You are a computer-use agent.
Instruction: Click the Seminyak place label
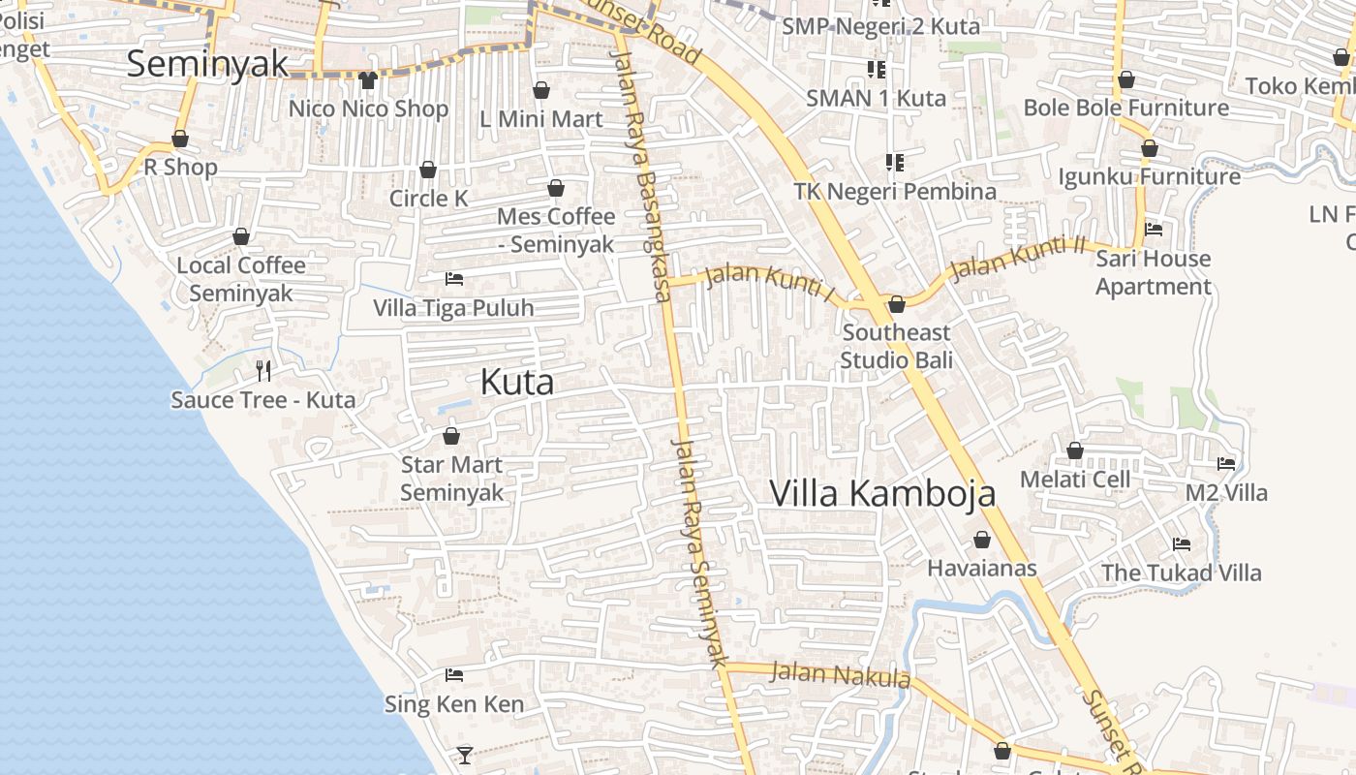coord(207,64)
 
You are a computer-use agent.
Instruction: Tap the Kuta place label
coord(517,383)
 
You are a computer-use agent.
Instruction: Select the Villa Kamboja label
coord(882,493)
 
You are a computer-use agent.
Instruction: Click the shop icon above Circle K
coord(428,170)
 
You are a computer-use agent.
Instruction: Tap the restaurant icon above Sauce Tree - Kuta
coord(262,369)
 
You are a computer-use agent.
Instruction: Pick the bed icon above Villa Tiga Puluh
coord(453,279)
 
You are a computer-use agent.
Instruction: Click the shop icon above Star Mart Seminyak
coord(450,436)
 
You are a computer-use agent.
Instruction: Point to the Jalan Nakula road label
coord(840,673)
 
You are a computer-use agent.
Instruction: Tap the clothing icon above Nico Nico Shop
coord(367,79)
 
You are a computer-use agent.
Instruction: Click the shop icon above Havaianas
coord(982,540)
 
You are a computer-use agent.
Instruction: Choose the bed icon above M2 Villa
coord(1226,463)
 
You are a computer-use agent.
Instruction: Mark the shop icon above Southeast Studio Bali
coord(897,304)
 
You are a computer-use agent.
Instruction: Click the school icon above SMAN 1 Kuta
coord(877,69)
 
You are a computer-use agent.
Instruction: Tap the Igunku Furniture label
coord(1149,177)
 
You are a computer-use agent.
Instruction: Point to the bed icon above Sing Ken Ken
coord(453,674)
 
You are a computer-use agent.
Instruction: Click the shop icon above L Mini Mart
coord(541,90)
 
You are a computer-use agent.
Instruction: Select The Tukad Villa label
coord(1181,573)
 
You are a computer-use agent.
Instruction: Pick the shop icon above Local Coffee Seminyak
coord(241,236)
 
